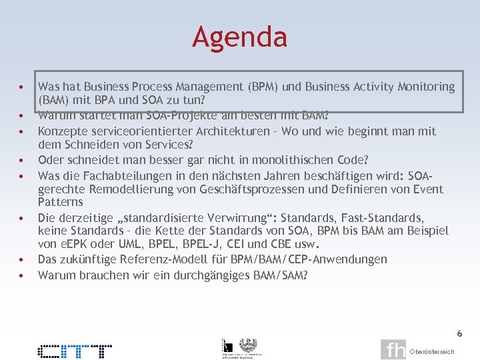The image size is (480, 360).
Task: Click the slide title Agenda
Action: point(239,37)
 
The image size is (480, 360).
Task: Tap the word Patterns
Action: point(61,202)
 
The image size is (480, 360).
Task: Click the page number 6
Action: point(459,333)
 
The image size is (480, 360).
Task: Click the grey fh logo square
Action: point(393,350)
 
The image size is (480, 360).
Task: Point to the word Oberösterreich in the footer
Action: point(432,352)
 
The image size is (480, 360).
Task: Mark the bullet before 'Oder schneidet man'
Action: point(22,160)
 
